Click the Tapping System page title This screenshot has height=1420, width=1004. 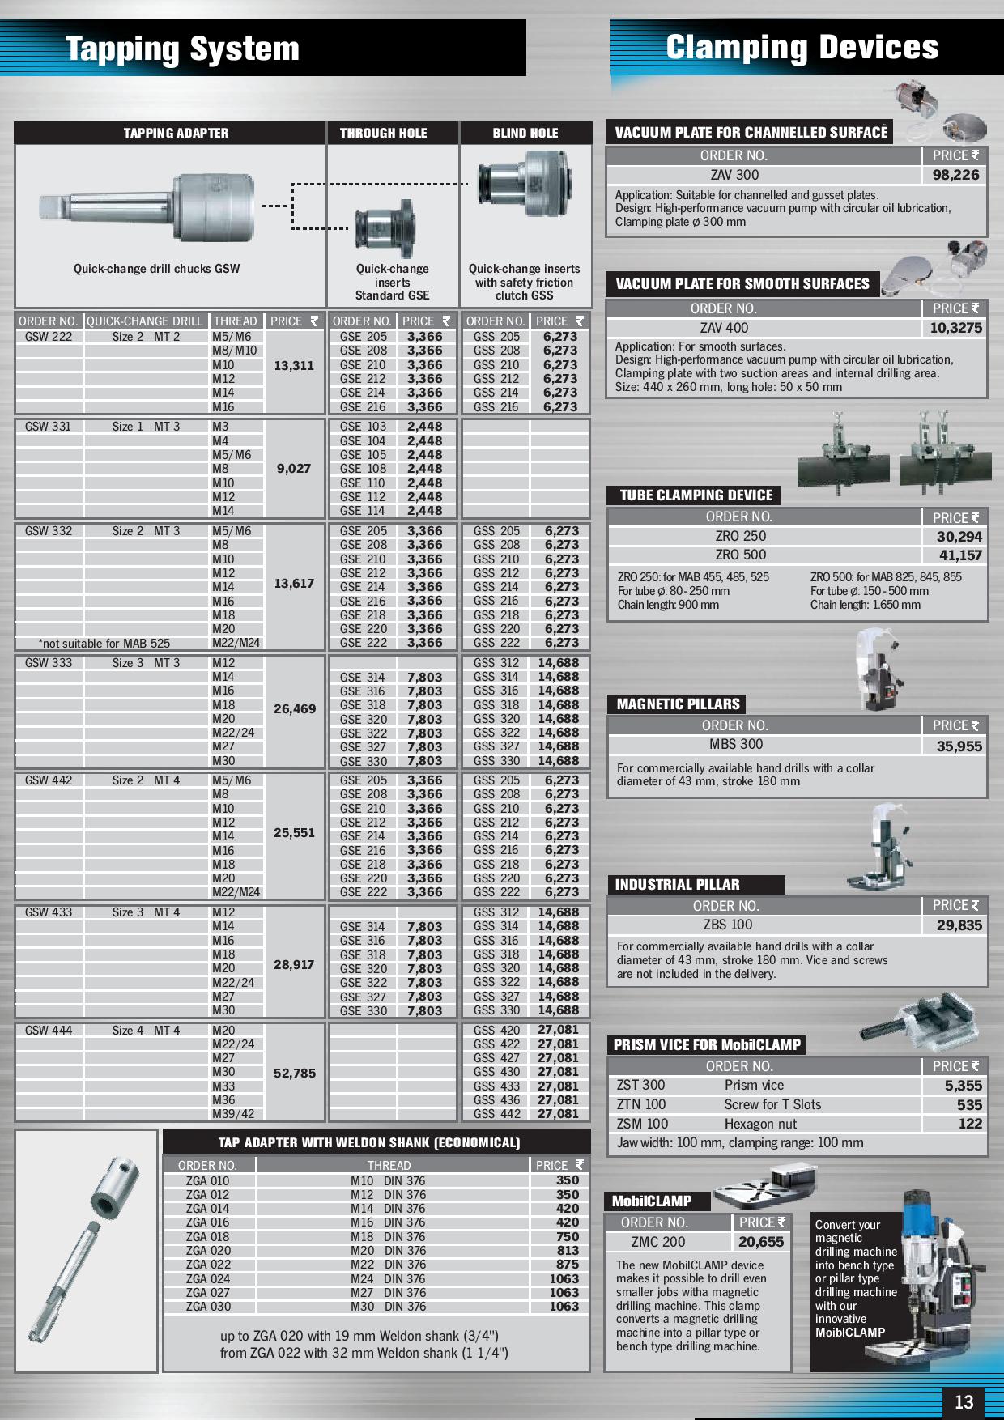click(182, 49)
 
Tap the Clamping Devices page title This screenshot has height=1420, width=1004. click(802, 47)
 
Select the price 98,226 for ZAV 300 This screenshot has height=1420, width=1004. click(955, 175)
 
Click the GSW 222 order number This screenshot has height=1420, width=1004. click(49, 337)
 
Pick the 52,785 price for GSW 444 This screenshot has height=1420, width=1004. click(294, 1073)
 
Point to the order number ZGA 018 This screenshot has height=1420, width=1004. click(207, 1236)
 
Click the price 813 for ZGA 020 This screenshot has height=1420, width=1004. click(568, 1250)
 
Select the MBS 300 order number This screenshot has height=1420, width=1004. click(736, 744)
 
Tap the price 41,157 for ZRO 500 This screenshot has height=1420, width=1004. click(959, 555)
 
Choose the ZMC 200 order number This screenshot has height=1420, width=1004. click(657, 1242)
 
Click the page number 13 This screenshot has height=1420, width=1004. click(964, 1402)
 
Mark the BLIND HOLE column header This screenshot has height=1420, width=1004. click(525, 133)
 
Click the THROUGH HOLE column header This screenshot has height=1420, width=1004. click(383, 133)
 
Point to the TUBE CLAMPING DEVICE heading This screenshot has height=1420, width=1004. click(696, 495)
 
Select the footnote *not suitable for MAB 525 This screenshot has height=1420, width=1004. click(104, 644)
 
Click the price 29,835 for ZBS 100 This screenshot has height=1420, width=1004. click(959, 925)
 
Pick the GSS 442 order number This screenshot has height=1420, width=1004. click(496, 1114)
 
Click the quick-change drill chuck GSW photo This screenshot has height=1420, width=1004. click(148, 207)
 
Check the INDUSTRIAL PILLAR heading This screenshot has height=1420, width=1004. click(677, 885)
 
